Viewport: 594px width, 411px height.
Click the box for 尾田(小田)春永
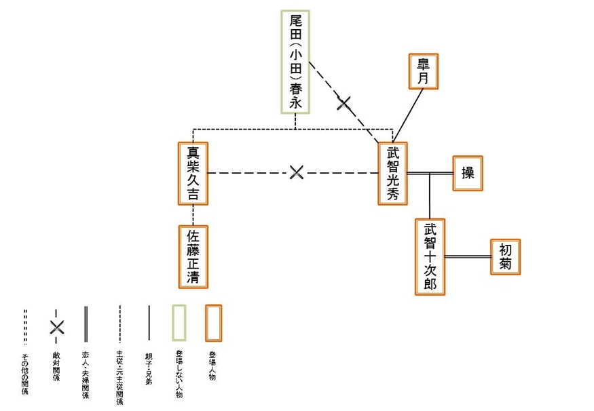point(295,62)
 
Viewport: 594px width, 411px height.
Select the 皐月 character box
point(423,71)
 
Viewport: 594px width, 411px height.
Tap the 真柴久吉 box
point(193,174)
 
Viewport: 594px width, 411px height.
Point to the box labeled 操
point(468,173)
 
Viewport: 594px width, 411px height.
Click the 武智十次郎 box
point(430,256)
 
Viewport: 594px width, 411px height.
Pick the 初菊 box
point(505,256)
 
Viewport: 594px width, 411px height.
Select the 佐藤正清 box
point(193,256)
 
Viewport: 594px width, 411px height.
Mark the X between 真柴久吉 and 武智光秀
point(295,172)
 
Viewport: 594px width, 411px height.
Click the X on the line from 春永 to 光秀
point(344,103)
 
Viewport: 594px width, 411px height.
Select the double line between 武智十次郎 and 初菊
point(468,256)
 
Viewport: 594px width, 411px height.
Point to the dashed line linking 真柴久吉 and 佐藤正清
point(193,216)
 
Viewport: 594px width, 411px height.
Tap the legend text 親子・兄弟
point(148,369)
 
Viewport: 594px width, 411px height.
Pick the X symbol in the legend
point(56,327)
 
